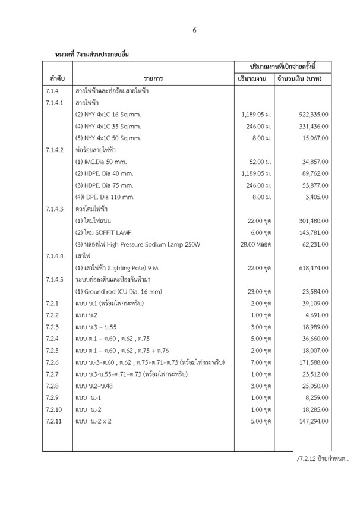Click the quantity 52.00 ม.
(257, 163)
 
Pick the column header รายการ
(153, 78)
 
